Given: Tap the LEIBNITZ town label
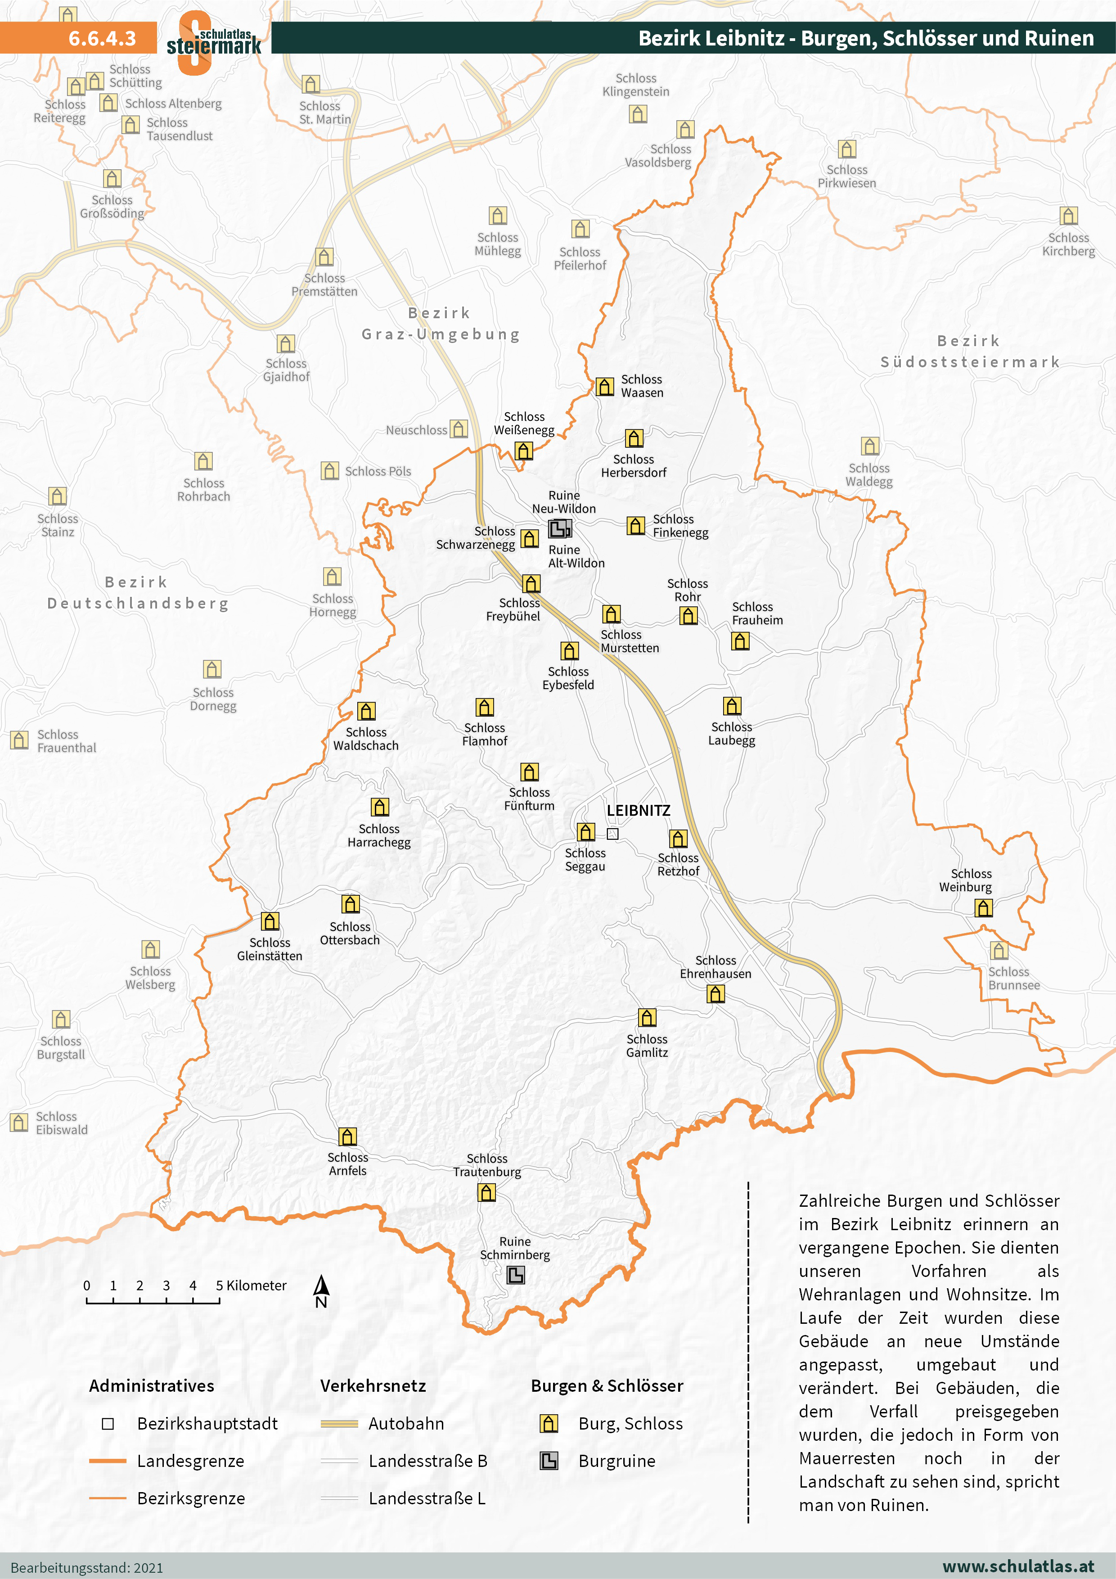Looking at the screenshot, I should click(638, 811).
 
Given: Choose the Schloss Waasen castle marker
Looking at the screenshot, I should click(604, 387).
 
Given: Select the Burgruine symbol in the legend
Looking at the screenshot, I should click(548, 1461).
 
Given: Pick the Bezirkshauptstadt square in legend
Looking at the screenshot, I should click(108, 1424).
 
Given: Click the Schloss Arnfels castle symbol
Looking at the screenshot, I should click(347, 1137).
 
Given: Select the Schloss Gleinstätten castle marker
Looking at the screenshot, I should click(270, 921).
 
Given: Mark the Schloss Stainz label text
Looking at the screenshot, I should click(58, 525).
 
